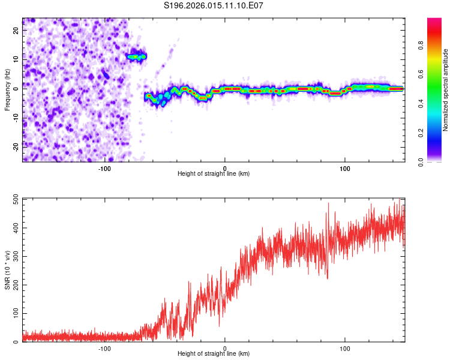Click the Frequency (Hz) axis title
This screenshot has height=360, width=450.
[x=7, y=89]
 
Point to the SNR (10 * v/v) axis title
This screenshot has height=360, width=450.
[x=7, y=269]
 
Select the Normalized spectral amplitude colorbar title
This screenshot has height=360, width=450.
[x=446, y=90]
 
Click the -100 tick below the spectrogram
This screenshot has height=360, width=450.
[x=105, y=168]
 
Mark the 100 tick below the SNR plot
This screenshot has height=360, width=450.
[x=345, y=348]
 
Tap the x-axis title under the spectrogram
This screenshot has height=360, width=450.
[x=214, y=174]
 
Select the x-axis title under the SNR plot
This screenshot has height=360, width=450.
[x=214, y=354]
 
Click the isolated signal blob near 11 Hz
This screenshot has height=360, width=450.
[x=136, y=57]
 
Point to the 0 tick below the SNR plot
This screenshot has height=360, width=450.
[x=225, y=348]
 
